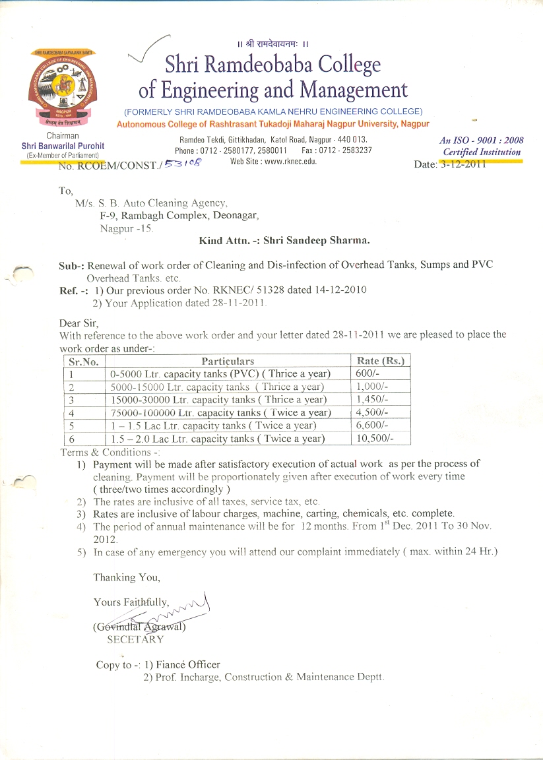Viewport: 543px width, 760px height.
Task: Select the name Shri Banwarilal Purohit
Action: [x=63, y=146]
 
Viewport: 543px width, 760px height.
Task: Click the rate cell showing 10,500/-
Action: [x=376, y=439]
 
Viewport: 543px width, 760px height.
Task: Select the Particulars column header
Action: [x=228, y=361]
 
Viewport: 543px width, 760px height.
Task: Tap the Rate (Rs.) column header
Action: [x=380, y=361]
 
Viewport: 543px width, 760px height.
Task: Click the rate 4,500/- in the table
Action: [x=373, y=413]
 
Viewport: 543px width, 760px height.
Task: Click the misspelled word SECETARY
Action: [x=135, y=639]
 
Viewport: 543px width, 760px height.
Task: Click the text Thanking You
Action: [x=127, y=577]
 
